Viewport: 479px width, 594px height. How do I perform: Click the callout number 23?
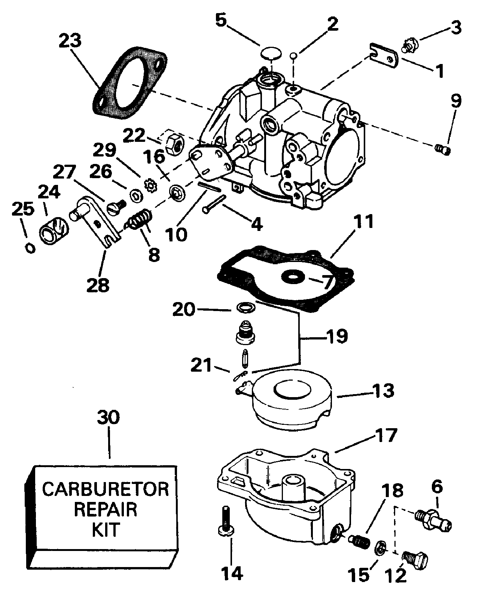coord(70,40)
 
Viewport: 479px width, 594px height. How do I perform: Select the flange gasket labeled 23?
coord(129,83)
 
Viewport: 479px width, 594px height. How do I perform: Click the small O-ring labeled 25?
coord(30,248)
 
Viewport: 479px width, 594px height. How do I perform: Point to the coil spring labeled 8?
coord(140,219)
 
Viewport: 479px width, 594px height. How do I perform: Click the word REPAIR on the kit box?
coord(106,509)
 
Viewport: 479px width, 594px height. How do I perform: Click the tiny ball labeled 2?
coord(294,56)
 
